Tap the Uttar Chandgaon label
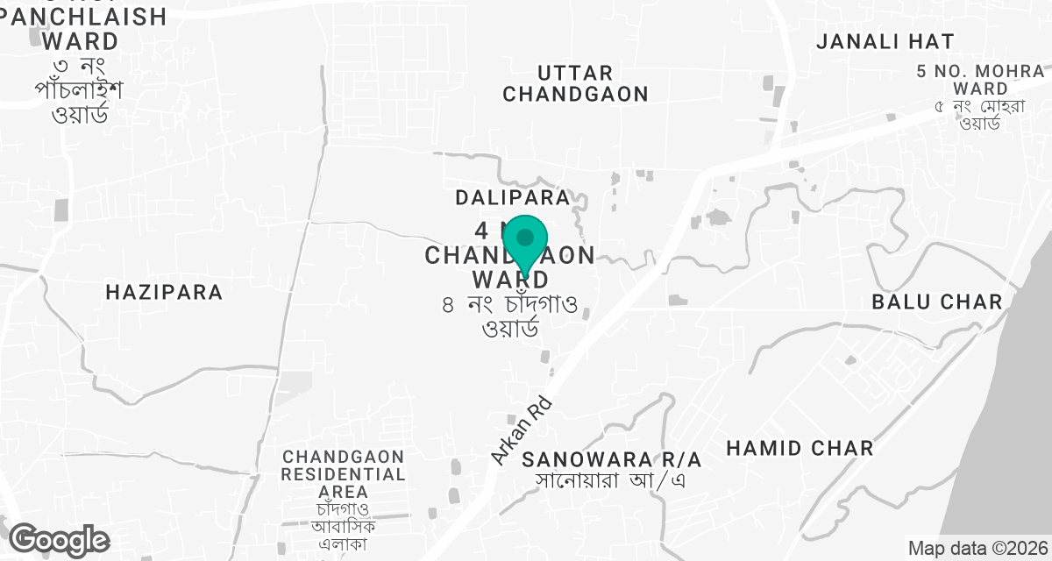point(576,83)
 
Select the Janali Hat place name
point(885,41)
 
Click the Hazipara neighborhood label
point(164,292)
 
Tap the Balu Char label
point(937,302)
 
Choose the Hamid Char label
point(800,448)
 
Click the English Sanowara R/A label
point(612,459)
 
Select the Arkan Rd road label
point(521,427)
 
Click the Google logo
point(59,540)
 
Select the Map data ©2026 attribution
point(976,548)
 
